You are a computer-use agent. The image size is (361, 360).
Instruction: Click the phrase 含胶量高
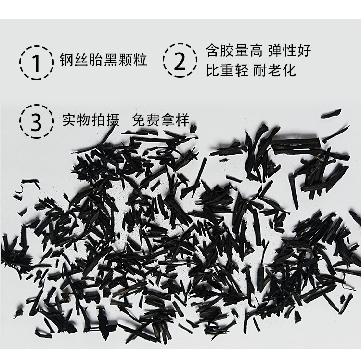tap(234, 51)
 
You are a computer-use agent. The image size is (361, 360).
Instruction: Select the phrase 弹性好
tap(290, 51)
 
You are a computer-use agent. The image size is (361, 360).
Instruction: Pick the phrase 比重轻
tap(227, 70)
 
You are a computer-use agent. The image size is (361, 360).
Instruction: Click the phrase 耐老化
tap(275, 70)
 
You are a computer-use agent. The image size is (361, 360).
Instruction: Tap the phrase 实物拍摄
tap(90, 120)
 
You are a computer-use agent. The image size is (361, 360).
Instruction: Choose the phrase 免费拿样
tap(161, 120)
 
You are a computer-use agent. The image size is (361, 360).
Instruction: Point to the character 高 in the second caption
tap(256, 51)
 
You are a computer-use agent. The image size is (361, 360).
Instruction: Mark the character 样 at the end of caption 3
tap(182, 120)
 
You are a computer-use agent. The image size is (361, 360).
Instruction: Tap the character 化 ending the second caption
tap(289, 70)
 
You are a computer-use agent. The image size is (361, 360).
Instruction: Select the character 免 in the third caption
tap(139, 120)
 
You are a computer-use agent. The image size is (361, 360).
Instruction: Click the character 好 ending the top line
tap(304, 51)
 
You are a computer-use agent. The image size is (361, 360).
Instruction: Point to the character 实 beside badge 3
tap(69, 120)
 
